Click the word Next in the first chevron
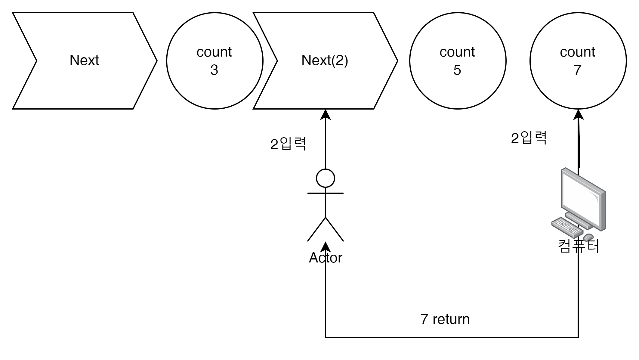point(84,60)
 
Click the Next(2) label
point(325,60)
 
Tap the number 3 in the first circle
point(214,70)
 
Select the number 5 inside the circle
point(457,70)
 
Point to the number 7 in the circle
point(577,70)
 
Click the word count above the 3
point(214,52)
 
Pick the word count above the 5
point(457,52)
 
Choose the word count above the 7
point(577,52)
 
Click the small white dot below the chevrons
point(326,178)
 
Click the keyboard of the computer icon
point(567,228)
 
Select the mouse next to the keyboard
point(588,237)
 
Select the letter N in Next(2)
point(305,60)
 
